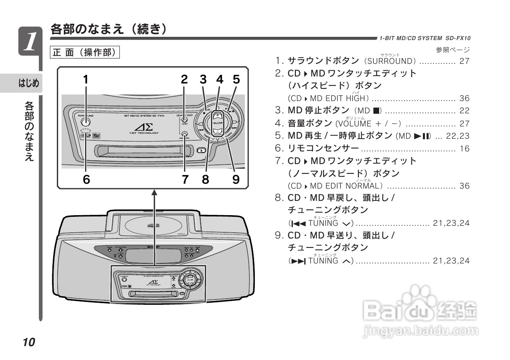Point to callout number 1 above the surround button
point(86,79)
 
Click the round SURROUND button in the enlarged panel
point(86,120)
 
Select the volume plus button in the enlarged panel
point(218,115)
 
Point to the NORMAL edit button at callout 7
point(184,133)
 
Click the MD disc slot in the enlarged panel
point(143,151)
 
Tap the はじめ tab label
point(29,83)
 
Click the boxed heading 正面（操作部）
point(85,52)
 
